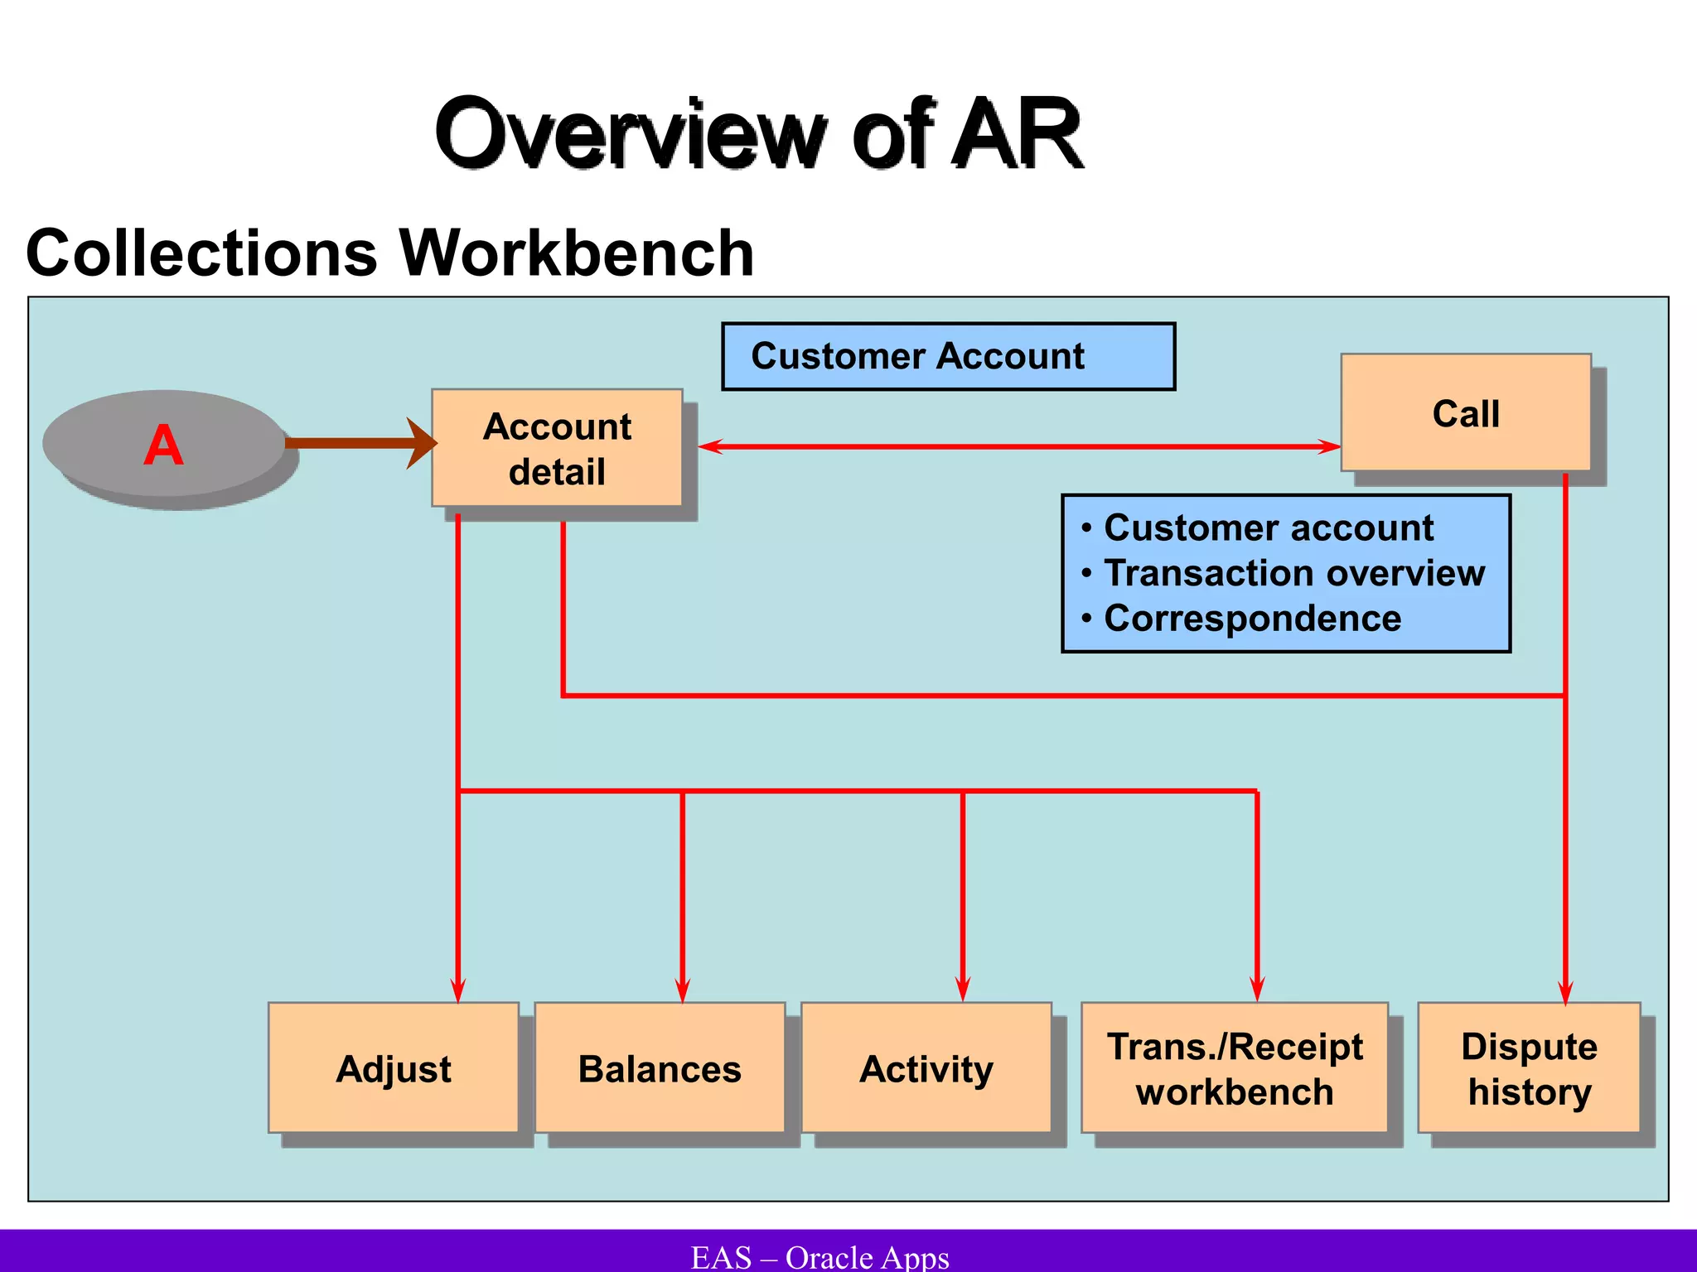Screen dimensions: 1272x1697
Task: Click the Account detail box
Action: point(557,448)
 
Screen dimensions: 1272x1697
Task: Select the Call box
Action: point(1465,412)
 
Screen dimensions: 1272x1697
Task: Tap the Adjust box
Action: point(394,1068)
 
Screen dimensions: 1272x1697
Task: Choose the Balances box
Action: point(660,1068)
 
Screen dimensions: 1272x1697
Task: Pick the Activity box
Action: point(926,1068)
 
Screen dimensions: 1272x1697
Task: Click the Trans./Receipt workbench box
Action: point(1234,1068)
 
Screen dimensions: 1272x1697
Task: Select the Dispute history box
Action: point(1529,1068)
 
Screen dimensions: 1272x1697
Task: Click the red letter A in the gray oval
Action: point(163,446)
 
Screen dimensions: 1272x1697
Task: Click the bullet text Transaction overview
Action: point(1294,573)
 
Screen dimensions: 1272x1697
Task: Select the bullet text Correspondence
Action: point(1252,619)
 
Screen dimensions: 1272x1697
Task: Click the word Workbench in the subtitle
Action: point(577,253)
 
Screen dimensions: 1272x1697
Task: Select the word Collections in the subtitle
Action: point(202,253)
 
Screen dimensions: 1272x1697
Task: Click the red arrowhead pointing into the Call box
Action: point(1328,447)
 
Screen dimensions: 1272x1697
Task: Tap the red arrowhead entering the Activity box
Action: point(962,990)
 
